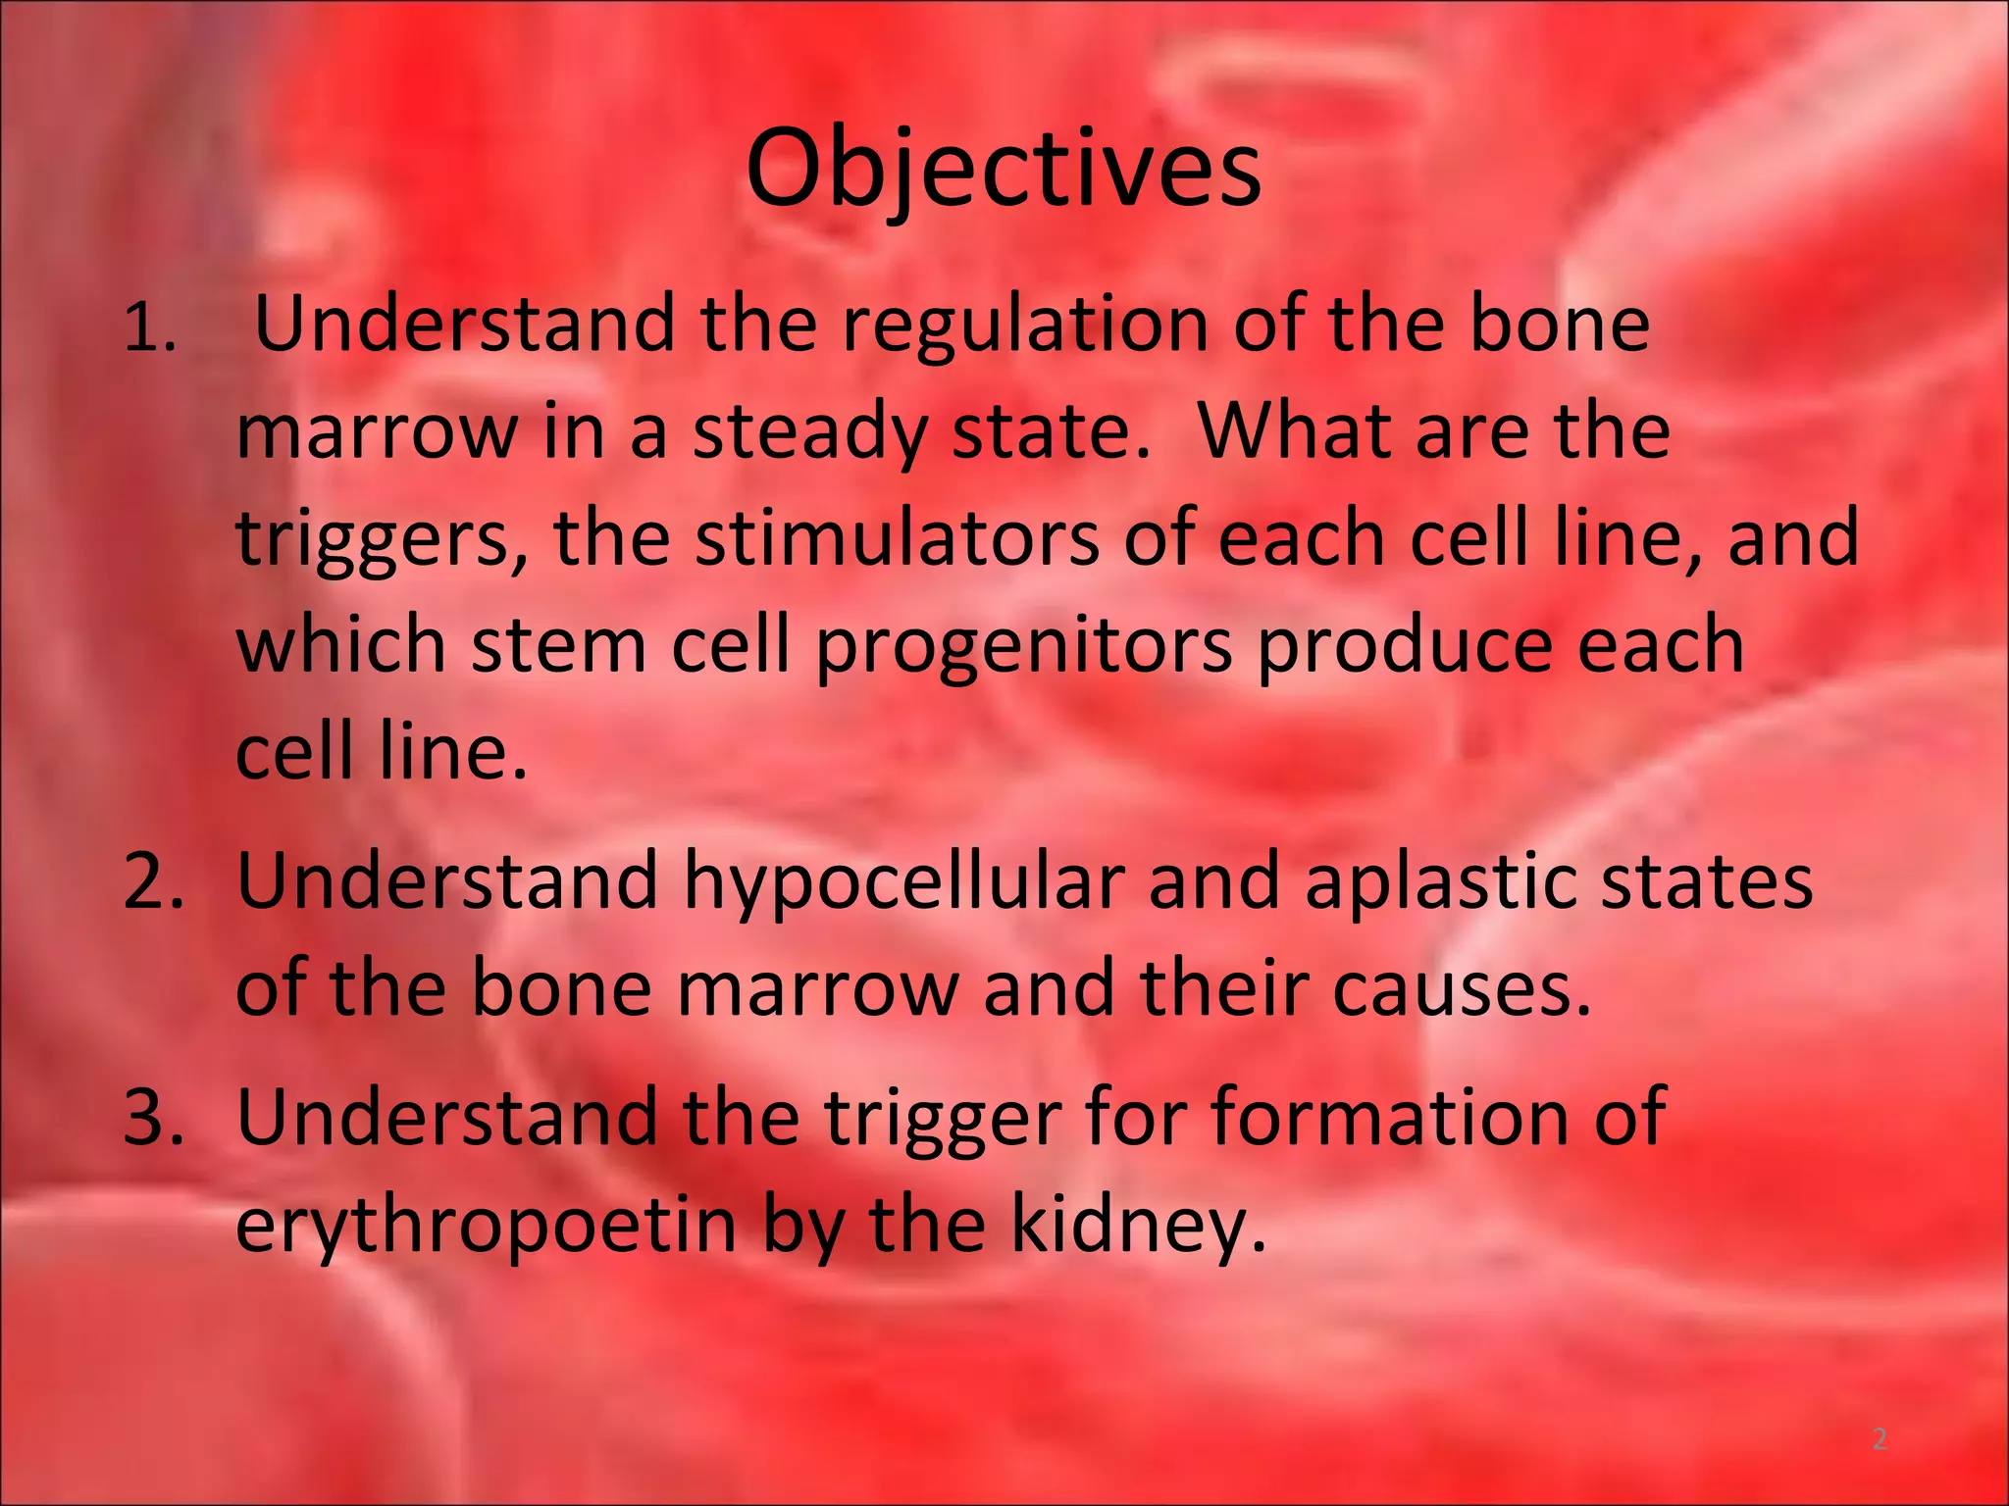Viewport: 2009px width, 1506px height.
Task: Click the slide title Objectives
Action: click(1003, 170)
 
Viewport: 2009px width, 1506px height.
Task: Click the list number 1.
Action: click(149, 331)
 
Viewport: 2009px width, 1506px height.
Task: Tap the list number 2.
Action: click(153, 880)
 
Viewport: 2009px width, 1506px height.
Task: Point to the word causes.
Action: click(1462, 988)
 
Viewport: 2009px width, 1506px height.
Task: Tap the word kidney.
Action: click(1138, 1226)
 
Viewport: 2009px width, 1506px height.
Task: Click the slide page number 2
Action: click(1880, 1439)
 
